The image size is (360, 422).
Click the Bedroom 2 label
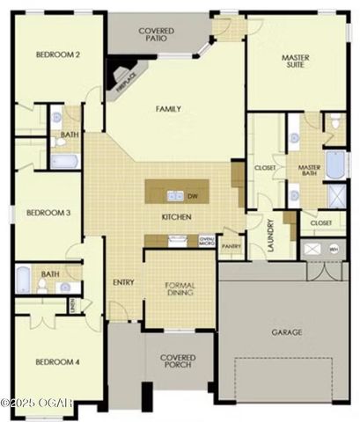tap(58, 55)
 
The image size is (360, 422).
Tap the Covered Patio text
tap(157, 34)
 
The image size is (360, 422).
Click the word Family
tap(168, 109)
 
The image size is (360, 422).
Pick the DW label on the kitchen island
tap(193, 196)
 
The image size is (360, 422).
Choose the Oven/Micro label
tap(207, 239)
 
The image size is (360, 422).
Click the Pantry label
tap(231, 246)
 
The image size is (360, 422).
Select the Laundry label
tap(271, 235)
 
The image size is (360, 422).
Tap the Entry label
tap(123, 282)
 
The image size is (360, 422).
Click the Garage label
tap(287, 332)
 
